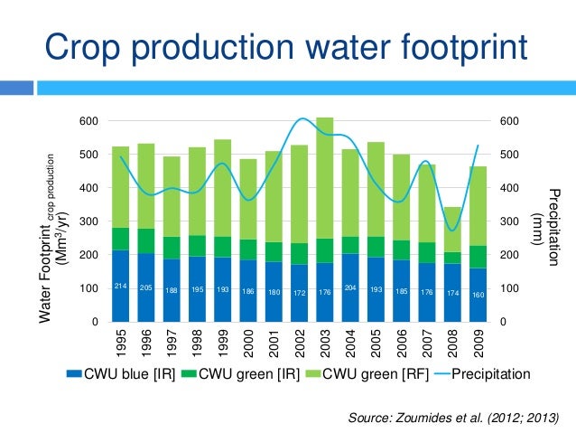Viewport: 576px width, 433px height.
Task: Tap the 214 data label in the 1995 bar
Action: [x=119, y=286]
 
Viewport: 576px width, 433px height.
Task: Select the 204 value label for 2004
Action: [x=350, y=286]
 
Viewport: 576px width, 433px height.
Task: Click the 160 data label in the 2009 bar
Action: [x=478, y=295]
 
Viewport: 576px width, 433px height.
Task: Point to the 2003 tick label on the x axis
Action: [x=324, y=344]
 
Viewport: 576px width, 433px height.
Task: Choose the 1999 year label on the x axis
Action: [x=222, y=344]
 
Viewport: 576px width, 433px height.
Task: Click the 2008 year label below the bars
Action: [x=451, y=344]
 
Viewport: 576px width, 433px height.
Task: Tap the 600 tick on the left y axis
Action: [x=87, y=121]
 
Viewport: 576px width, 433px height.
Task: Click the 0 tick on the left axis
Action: [x=94, y=322]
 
